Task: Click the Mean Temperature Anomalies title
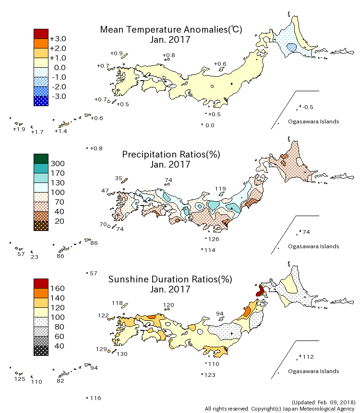click(x=171, y=29)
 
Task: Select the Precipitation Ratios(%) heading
click(x=171, y=154)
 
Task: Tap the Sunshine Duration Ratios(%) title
click(x=170, y=279)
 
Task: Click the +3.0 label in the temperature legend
click(x=58, y=38)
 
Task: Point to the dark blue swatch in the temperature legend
click(x=41, y=101)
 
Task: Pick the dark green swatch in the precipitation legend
click(x=41, y=158)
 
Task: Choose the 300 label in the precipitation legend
click(x=58, y=163)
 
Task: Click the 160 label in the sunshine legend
click(x=58, y=288)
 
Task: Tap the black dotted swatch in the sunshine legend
click(x=41, y=351)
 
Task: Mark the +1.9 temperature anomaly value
click(x=19, y=129)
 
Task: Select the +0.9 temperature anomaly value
click(x=116, y=53)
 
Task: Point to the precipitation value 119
click(x=220, y=189)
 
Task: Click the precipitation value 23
click(x=34, y=257)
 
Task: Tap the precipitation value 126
click(x=214, y=239)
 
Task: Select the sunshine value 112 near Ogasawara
click(x=308, y=357)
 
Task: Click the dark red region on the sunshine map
click(x=260, y=291)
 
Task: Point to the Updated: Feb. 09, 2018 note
click(x=323, y=401)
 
